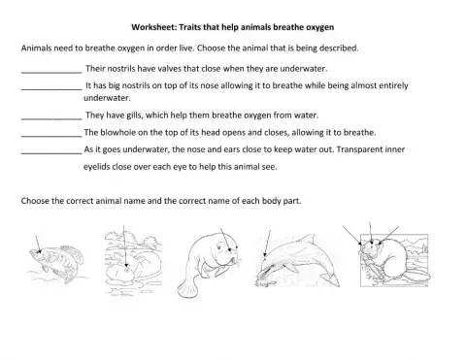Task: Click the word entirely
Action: pos(422,85)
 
